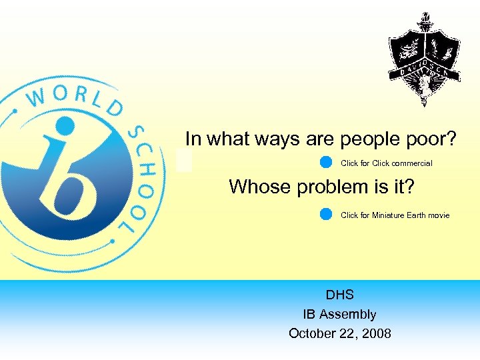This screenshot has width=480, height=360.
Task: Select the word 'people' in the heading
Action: point(365,140)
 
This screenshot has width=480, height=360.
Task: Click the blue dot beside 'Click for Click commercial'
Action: point(326,162)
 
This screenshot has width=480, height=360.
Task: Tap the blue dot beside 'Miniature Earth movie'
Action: point(326,214)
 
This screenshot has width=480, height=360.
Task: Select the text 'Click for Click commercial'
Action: point(386,163)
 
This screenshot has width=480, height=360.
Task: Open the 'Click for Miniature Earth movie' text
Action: point(395,215)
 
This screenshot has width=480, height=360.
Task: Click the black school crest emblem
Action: point(424,59)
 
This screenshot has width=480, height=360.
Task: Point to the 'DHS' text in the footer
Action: point(340,295)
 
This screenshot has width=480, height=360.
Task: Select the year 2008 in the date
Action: point(377,333)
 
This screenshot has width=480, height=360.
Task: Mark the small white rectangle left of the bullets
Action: point(185,160)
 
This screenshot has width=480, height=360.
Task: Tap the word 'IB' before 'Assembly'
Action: point(311,314)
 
